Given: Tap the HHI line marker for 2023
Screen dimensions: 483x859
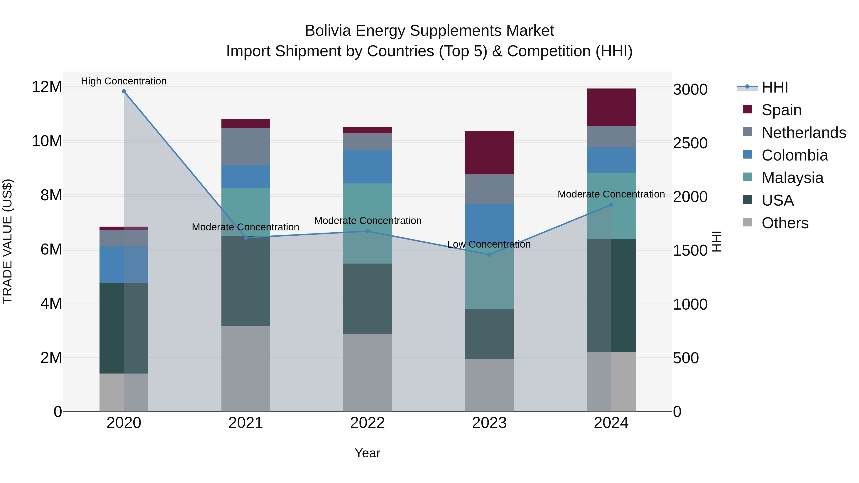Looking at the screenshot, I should pos(489,254).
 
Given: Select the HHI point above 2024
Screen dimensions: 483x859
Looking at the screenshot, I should pos(611,205).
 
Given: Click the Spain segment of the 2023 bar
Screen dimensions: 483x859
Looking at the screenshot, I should pos(489,153).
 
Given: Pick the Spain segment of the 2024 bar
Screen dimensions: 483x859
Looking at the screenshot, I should pos(611,107).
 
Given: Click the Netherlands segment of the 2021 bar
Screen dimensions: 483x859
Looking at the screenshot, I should pos(246,146).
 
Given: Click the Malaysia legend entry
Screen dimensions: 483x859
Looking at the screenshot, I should pos(792,178).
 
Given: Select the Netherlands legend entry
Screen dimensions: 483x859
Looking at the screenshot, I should pos(804,133).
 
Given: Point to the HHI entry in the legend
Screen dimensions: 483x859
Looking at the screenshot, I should pos(775,87).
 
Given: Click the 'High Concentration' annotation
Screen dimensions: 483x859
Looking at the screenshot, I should pos(124,81).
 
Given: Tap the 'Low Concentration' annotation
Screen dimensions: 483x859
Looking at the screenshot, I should pos(489,244).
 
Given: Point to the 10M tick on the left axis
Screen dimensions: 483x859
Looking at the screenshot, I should pos(47,141).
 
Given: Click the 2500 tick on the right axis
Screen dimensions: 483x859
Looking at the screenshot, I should pos(690,143).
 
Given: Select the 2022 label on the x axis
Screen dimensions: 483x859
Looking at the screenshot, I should pos(367,423).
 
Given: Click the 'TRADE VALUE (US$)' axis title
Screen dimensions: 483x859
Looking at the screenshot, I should pos(7,241).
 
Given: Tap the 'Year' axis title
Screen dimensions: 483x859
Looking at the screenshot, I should pos(367,453).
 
